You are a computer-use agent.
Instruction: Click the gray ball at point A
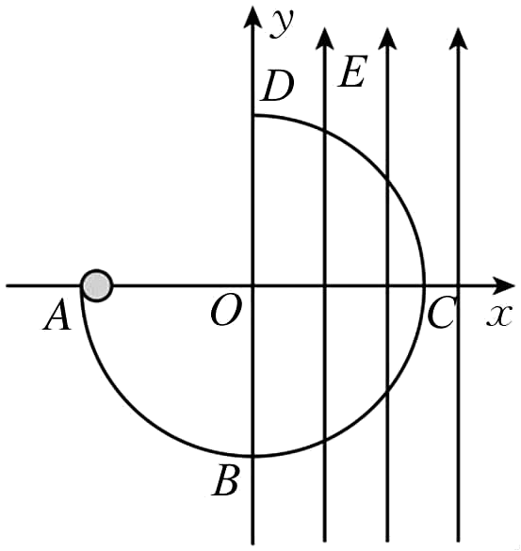pos(97,285)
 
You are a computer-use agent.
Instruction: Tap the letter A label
pos(57,315)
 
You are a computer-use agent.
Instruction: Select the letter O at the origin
pos(226,310)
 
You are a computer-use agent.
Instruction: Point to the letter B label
pos(225,480)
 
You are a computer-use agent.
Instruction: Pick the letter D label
pos(278,87)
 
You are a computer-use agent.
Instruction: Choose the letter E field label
pos(352,72)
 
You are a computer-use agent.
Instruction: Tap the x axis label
pos(498,316)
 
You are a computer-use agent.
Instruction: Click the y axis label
pos(282,24)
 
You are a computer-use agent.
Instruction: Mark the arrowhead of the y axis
pos(252,16)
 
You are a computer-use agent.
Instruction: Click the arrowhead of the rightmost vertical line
pos(458,38)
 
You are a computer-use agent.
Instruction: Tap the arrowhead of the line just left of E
pos(324,38)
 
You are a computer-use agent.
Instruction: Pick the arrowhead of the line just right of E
pos(387,38)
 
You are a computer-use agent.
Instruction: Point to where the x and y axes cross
pos(252,286)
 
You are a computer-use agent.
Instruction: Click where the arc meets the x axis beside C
pos(424,286)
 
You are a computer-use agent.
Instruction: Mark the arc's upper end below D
pos(253,115)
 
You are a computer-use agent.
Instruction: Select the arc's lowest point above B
pos(253,456)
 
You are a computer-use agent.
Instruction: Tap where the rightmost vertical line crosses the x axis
pos(458,286)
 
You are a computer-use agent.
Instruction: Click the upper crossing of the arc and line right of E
pos(387,180)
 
